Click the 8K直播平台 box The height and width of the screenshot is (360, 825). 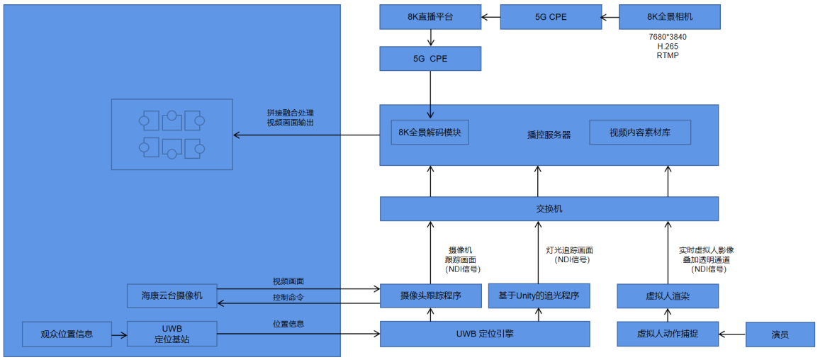pos(430,17)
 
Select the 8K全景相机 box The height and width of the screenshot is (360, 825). pos(669,17)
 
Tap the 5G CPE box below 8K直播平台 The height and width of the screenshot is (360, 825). pos(430,59)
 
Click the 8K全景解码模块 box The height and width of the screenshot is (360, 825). pos(430,132)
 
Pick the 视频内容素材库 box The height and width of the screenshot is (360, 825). pos(639,132)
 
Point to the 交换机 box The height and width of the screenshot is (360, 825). pos(549,209)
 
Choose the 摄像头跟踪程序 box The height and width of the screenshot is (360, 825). pos(430,296)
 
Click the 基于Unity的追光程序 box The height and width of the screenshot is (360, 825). pos(539,296)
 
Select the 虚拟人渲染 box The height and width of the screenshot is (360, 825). pos(668,296)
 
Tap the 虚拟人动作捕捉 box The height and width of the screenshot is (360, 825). pos(668,333)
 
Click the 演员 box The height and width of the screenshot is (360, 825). pos(780,334)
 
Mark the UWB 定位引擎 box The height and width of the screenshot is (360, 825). pos(485,334)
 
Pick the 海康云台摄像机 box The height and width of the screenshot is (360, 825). pos(172,296)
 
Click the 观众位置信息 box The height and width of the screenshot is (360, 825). pos(67,333)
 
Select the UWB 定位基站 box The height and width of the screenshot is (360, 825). pos(172,334)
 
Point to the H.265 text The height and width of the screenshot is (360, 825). pos(668,46)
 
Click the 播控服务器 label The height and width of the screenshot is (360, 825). pos(549,135)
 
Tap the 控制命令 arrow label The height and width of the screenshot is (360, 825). pos(288,298)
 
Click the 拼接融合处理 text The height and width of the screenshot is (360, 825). pos(290,113)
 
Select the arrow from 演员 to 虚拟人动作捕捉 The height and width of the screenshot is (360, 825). pos(732,333)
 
